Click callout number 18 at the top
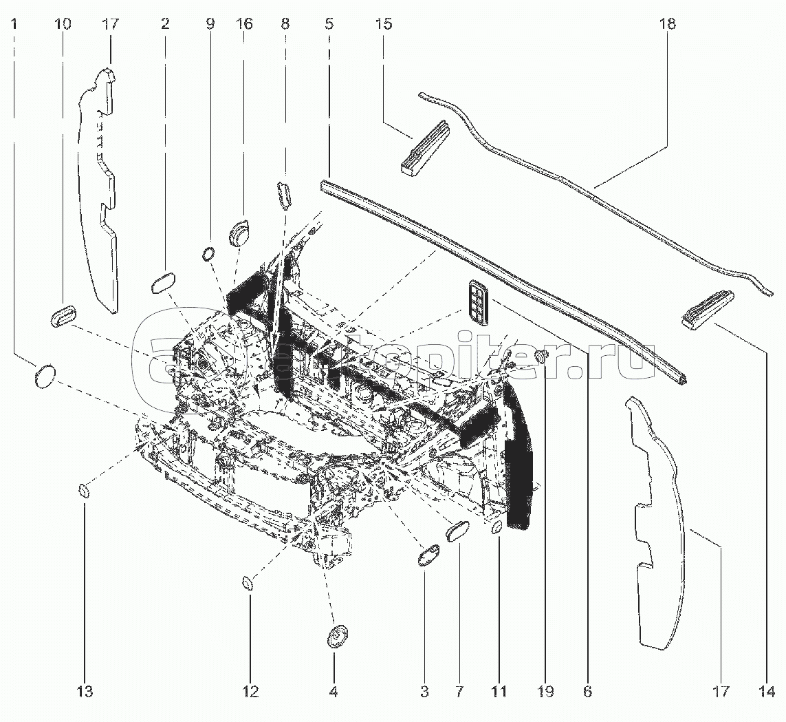click(667, 24)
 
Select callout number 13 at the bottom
click(85, 691)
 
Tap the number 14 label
click(767, 691)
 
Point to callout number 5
click(329, 24)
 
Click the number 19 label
click(545, 691)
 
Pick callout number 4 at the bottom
click(333, 691)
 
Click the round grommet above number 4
click(337, 637)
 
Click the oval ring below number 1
click(44, 376)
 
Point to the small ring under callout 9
click(208, 254)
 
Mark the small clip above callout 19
click(541, 356)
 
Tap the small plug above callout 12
click(248, 584)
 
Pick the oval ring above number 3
click(428, 555)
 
